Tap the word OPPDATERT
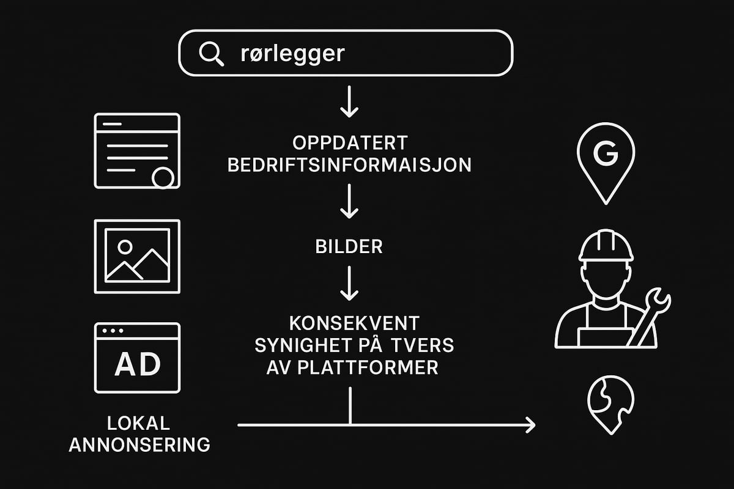349,144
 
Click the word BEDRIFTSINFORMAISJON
349,165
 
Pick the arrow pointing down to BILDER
349,202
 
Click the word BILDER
349,247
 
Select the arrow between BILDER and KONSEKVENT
349,283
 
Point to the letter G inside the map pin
606,155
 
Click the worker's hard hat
606,245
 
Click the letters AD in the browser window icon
137,365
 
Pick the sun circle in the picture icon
125,247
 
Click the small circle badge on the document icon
163,178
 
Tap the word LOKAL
138,423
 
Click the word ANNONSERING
139,444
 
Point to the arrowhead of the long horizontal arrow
529,424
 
